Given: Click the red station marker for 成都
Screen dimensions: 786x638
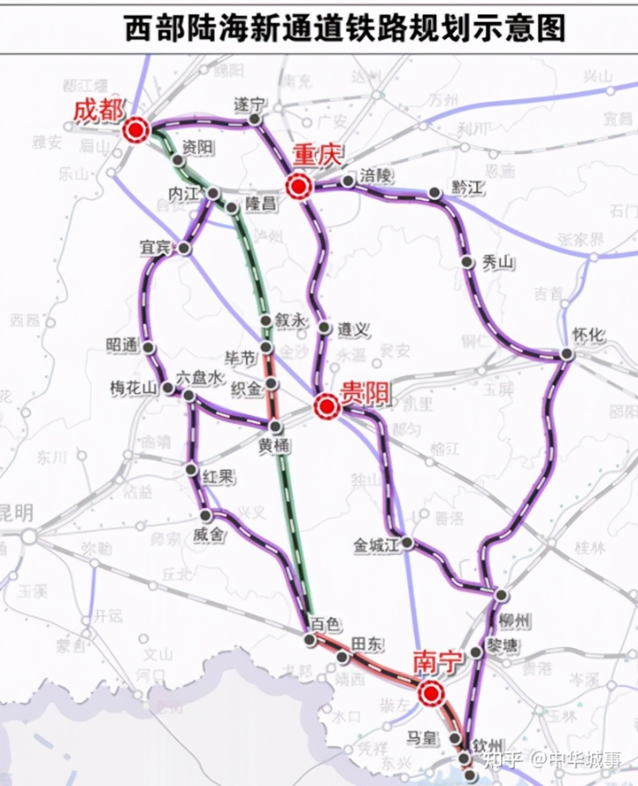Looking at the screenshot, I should click(135, 131).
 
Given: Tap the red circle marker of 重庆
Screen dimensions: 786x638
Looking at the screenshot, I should click(298, 187).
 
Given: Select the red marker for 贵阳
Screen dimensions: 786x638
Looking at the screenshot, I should click(327, 406).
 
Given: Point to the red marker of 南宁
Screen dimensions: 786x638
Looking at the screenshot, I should click(432, 693).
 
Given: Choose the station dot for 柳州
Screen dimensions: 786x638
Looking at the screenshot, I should click(501, 595).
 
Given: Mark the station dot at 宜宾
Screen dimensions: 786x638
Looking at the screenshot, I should click(184, 249).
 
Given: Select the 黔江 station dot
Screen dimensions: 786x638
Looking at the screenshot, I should click(434, 193).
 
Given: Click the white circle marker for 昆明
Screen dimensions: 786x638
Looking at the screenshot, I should click(28, 536).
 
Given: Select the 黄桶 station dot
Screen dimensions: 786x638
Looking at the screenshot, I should click(276, 428).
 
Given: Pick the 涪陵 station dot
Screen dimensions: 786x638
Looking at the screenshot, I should click(348, 181).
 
